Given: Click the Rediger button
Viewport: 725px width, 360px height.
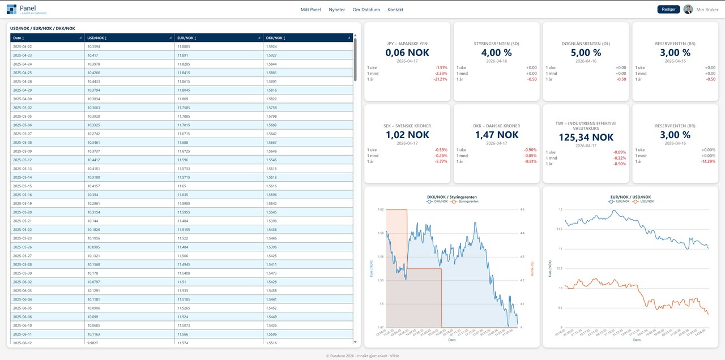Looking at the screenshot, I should click(668, 10).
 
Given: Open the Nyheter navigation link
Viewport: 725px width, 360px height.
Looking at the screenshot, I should click(336, 10).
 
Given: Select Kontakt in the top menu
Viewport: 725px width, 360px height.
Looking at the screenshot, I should click(395, 10).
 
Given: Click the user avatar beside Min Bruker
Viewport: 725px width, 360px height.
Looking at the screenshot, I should click(688, 10).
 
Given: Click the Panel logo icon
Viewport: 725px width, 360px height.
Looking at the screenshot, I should click(12, 9).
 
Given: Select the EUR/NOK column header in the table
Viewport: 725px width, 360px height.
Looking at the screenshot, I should click(185, 38).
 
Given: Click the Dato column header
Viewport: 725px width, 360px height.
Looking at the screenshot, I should click(18, 38).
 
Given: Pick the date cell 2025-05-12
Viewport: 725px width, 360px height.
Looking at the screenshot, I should click(23, 160).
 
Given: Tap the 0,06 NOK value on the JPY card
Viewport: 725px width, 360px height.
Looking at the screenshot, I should click(407, 53).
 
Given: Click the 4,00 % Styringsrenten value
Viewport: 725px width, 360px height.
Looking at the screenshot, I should click(496, 53).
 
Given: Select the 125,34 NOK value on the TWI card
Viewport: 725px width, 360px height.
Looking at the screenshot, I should click(586, 138).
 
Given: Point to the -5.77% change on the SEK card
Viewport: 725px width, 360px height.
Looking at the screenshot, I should click(441, 162).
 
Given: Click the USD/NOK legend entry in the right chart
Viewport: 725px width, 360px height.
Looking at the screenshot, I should click(645, 201).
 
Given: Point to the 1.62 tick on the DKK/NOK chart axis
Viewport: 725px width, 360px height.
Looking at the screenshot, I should click(381, 209).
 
